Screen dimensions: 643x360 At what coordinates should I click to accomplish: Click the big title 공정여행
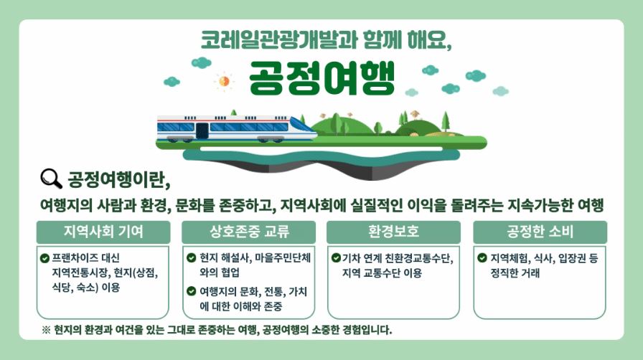click(x=321, y=78)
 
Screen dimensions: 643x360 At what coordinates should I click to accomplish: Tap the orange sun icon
click(x=224, y=81)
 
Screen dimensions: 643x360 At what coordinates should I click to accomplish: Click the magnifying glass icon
click(x=51, y=179)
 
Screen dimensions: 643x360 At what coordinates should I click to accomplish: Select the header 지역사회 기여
click(x=103, y=232)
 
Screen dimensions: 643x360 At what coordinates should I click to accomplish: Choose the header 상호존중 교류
click(x=249, y=232)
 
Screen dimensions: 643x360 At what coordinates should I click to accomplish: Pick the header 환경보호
click(x=393, y=232)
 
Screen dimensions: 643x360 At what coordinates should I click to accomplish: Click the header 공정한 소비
click(x=540, y=232)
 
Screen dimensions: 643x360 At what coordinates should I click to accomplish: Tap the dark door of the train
click(x=202, y=131)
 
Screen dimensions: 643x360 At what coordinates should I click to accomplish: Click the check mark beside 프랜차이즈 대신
click(x=44, y=258)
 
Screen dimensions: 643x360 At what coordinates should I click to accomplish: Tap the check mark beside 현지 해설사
click(x=191, y=258)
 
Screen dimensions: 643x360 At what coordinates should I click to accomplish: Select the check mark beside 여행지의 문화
click(x=191, y=291)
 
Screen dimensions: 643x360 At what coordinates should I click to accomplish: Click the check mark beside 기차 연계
click(x=336, y=258)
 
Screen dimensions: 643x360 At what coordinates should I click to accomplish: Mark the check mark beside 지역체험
click(x=482, y=258)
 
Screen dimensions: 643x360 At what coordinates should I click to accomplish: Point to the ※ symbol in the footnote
click(x=46, y=330)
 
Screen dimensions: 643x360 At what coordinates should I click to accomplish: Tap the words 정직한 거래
click(x=515, y=273)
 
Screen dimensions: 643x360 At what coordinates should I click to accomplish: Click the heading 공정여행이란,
click(x=119, y=179)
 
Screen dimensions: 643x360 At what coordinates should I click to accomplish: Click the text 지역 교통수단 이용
click(x=382, y=273)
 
